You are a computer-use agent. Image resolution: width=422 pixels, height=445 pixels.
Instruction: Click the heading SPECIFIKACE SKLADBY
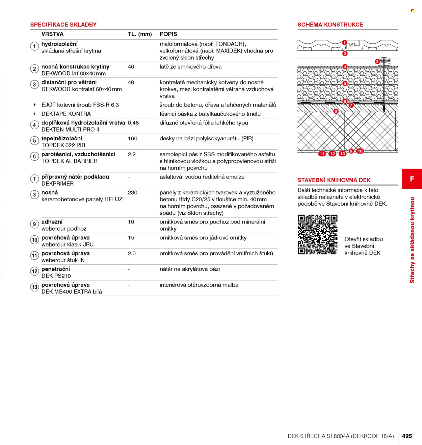click(x=63, y=24)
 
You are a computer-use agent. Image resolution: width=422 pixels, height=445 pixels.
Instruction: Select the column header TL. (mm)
click(x=140, y=34)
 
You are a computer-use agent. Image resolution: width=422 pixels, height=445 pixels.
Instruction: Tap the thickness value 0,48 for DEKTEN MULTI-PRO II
click(x=133, y=123)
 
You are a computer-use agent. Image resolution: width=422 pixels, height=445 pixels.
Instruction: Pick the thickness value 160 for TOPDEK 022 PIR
click(x=132, y=138)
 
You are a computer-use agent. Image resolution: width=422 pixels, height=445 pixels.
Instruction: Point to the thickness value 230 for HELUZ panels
click(x=132, y=192)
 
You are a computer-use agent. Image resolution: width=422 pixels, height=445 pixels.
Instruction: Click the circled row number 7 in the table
click(x=34, y=179)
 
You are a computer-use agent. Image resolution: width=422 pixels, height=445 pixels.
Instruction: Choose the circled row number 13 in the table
click(x=34, y=287)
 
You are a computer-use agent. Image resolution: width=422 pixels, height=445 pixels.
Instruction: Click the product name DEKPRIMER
click(x=58, y=184)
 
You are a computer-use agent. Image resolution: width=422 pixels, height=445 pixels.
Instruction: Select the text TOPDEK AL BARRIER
click(x=70, y=161)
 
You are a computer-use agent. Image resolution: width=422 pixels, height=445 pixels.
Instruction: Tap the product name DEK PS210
click(x=56, y=276)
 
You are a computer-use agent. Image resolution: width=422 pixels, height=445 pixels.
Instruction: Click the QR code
click(x=318, y=234)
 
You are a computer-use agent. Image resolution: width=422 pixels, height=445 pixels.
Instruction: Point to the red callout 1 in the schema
click(x=344, y=43)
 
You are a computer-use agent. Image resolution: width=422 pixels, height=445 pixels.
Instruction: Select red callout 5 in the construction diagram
click(x=345, y=83)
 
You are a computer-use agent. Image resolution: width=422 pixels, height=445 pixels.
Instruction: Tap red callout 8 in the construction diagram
click(x=336, y=111)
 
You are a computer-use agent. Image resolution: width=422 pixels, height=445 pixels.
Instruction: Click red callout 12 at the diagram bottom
click(x=332, y=154)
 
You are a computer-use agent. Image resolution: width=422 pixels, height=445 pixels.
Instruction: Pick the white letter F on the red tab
click(x=412, y=179)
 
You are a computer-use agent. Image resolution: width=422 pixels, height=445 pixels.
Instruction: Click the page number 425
click(x=407, y=436)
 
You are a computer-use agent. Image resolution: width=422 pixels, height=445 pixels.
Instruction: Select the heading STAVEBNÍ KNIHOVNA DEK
click(x=334, y=180)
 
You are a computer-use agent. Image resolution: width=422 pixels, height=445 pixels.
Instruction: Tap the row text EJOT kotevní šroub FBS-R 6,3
click(x=80, y=105)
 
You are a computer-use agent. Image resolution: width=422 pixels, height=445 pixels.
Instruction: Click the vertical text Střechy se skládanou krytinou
click(x=412, y=240)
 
